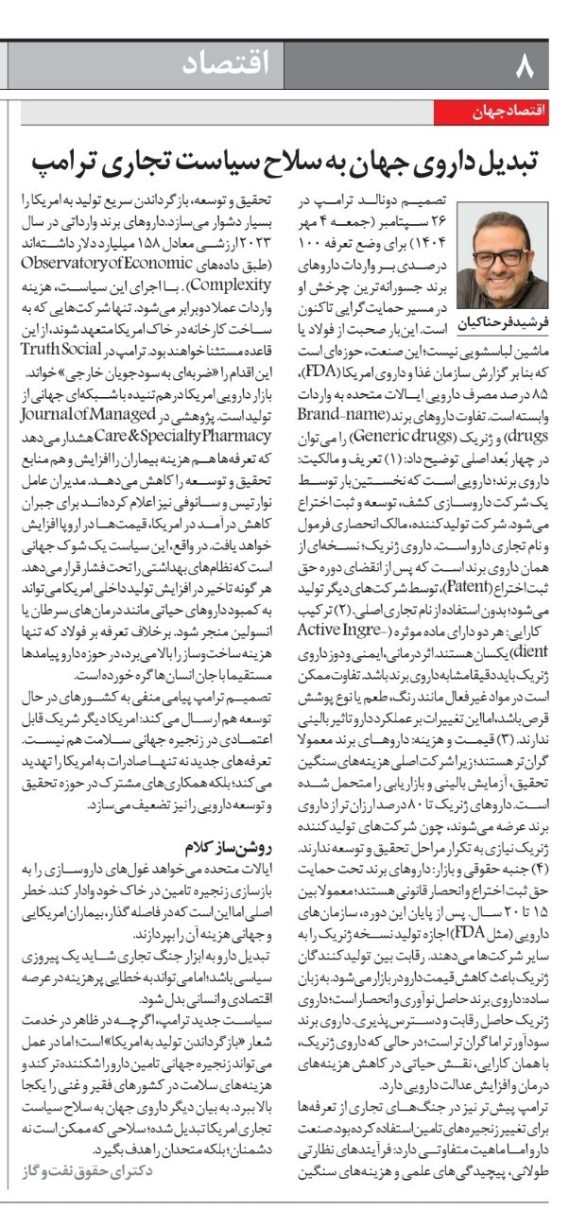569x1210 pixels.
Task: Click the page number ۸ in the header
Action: [x=526, y=66]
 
